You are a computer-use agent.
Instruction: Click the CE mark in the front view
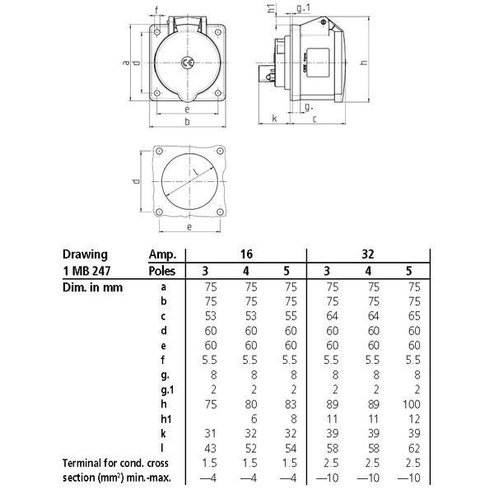187,63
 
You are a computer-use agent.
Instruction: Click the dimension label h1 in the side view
271,8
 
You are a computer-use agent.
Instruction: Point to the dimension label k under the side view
274,119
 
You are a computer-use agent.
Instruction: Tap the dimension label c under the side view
315,119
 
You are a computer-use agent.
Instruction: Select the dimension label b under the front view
187,121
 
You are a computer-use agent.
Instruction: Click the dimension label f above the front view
156,11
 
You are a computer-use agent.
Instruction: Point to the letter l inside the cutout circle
196,171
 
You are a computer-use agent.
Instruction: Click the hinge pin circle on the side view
324,22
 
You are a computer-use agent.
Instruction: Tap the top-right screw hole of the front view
217,32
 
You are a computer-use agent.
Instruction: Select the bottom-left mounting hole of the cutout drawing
159,212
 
